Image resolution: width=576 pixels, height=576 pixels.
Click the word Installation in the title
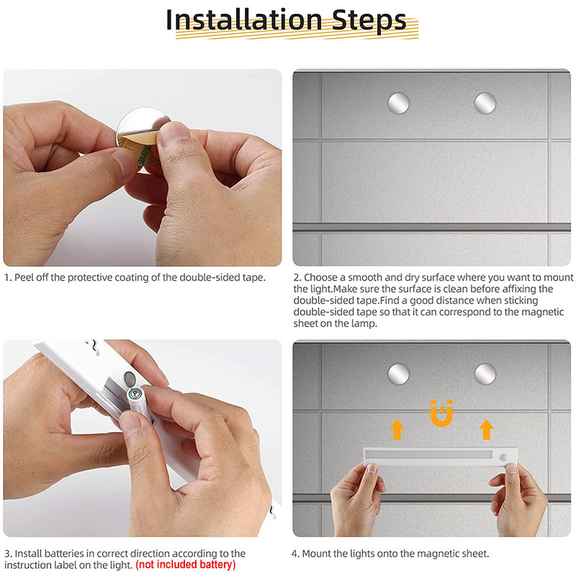(x=244, y=20)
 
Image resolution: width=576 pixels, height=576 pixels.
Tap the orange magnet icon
(x=441, y=413)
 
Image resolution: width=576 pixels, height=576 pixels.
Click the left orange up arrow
(x=397, y=429)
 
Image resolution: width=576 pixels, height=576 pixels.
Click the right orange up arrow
(x=486, y=429)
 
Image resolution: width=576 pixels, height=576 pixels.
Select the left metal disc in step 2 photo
(x=399, y=103)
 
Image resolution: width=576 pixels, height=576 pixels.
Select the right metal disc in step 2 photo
(x=485, y=103)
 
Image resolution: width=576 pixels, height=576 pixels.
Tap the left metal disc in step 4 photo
(x=399, y=374)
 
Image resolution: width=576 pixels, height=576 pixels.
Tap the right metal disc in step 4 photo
(x=485, y=374)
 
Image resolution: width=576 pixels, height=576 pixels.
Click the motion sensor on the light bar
(x=503, y=457)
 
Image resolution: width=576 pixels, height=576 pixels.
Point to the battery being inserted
(x=139, y=404)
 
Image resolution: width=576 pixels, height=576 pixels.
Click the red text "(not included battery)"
(x=186, y=564)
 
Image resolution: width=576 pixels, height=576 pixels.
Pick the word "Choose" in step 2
(x=320, y=277)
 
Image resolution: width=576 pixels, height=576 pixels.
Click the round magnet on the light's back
(x=130, y=377)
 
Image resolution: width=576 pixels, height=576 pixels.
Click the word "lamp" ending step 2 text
(x=364, y=324)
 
